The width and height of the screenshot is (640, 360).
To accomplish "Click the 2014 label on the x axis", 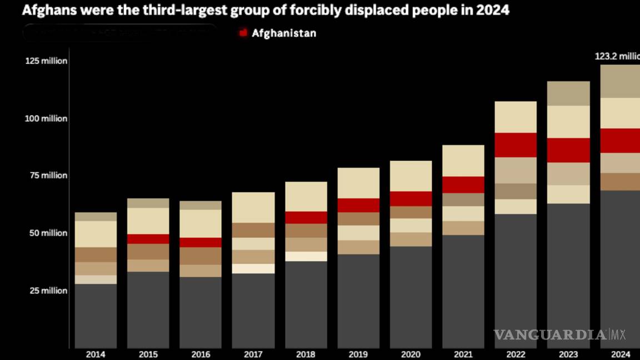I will (96, 354).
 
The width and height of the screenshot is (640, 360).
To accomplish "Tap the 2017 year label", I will (253, 354).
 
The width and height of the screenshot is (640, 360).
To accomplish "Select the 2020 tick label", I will (410, 354).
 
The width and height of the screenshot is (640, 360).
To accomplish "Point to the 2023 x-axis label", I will (568, 354).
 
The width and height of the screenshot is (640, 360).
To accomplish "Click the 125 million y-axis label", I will (46, 61).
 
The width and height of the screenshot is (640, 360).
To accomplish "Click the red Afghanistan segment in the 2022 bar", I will (516, 145).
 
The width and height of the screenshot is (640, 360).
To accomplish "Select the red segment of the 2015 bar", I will (148, 239).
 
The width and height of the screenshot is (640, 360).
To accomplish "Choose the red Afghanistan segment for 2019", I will (358, 205).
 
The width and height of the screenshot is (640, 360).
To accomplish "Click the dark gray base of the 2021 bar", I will (463, 291).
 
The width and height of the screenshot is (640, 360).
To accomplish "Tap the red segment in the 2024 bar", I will (620, 141).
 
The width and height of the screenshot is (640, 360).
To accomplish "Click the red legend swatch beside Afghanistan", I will (243, 33).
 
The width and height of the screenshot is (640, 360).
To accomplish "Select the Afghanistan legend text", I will (284, 33).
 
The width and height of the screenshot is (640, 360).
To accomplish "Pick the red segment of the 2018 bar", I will (306, 217).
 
